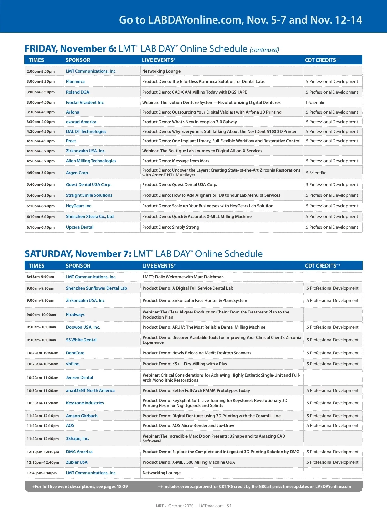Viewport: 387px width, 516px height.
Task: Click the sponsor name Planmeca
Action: click(x=75, y=82)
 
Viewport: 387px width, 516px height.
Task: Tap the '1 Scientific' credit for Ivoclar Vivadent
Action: click(x=315, y=103)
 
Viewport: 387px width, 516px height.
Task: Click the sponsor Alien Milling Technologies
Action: click(x=91, y=161)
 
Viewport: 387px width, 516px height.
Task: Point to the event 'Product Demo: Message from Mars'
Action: click(x=176, y=161)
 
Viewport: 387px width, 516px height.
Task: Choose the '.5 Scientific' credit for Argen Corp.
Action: click(x=316, y=173)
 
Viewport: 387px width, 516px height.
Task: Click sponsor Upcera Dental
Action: click(x=80, y=227)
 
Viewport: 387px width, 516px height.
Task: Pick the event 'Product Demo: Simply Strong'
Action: click(x=171, y=227)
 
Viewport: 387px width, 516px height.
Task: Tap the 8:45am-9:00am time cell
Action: click(x=40, y=277)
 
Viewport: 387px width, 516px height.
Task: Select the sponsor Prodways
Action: click(x=75, y=315)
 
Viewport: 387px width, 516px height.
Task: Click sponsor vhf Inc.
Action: click(x=73, y=364)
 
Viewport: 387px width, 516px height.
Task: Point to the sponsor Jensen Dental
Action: click(x=79, y=378)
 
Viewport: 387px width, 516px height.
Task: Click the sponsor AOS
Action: click(x=70, y=426)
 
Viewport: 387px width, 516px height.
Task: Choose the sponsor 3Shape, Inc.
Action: click(x=77, y=439)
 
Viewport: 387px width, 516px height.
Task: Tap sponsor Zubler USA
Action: click(x=77, y=462)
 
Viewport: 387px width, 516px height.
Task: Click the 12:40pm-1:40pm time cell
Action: click(x=42, y=473)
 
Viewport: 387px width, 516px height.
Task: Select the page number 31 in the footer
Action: click(x=229, y=506)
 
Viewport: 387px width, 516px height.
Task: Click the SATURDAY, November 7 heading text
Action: click(x=78, y=254)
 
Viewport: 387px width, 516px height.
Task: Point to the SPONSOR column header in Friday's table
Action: click(x=78, y=60)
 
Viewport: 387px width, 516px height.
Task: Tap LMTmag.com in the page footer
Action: click(x=211, y=506)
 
